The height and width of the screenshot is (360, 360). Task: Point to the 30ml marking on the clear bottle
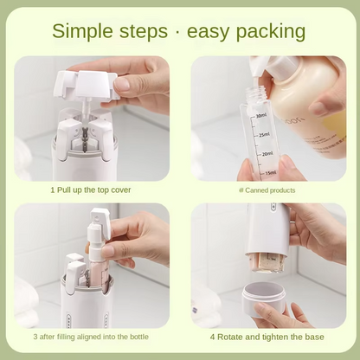click(261, 114)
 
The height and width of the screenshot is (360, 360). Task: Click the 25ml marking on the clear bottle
click(264, 135)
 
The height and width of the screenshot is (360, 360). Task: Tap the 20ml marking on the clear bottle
click(266, 153)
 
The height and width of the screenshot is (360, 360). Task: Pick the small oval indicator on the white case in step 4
click(273, 208)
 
